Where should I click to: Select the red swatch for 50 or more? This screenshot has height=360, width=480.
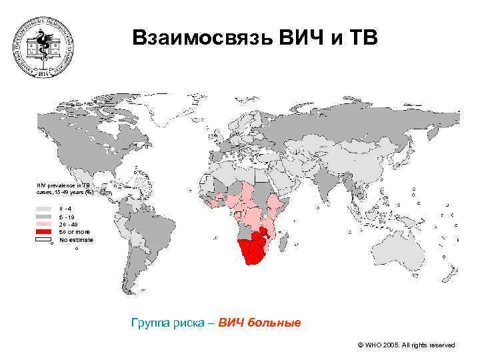coord(44,231)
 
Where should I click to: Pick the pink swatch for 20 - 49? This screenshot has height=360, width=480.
coord(44,224)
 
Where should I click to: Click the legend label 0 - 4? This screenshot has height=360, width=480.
coord(66,209)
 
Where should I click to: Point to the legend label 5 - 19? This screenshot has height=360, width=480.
coord(67,217)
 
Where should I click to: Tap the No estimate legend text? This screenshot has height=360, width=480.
coord(77,239)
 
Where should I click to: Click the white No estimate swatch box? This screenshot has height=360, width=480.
coord(44,239)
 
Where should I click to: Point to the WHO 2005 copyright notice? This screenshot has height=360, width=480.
coord(406,345)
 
